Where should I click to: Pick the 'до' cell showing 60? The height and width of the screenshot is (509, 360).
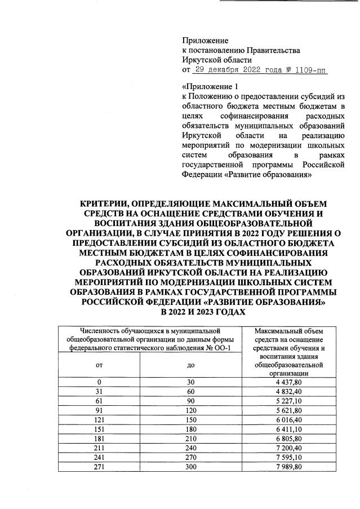[x=190, y=391]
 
